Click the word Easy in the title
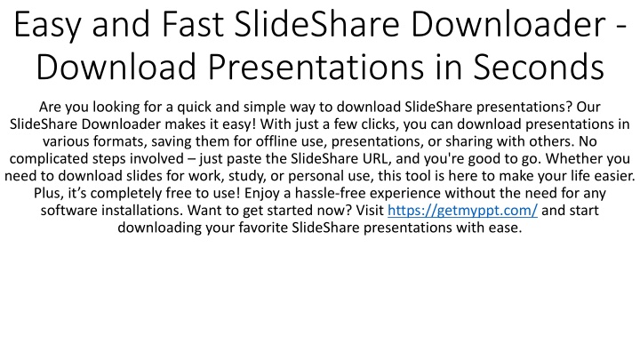click(x=48, y=26)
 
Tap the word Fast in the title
click(x=193, y=25)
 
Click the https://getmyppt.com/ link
click(x=462, y=211)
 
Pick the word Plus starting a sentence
click(x=46, y=193)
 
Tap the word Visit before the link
click(x=370, y=211)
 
